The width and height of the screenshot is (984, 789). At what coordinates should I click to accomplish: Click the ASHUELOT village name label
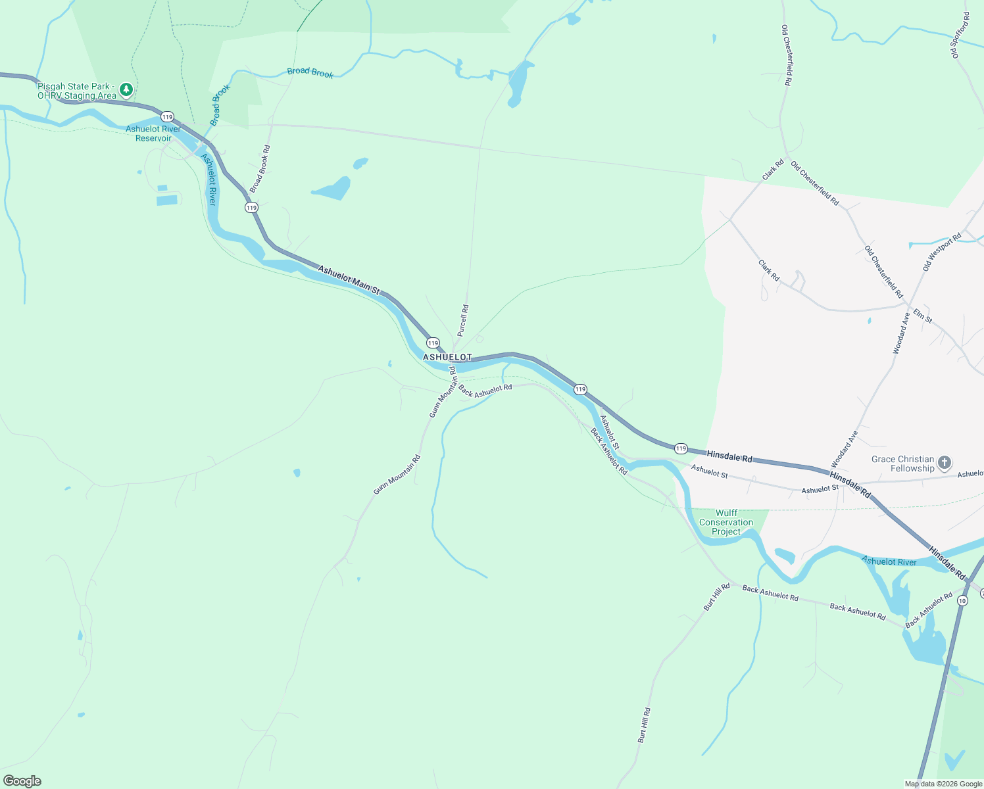(447, 357)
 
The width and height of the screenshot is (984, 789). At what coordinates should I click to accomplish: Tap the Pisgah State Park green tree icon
(126, 89)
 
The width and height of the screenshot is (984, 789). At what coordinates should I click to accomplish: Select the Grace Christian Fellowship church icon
(944, 462)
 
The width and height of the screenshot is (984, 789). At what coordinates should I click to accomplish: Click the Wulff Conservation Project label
(726, 522)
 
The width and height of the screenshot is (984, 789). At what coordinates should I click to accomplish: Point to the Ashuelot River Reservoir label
(153, 133)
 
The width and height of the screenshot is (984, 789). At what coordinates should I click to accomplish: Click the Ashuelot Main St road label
(349, 279)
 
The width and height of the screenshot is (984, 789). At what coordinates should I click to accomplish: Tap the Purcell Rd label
(463, 320)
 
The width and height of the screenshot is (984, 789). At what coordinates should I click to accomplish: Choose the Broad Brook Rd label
(260, 169)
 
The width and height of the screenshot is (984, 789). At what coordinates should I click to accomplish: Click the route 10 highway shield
(962, 600)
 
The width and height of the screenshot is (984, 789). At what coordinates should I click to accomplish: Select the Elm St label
(923, 316)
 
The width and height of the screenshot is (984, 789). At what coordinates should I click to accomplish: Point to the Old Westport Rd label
(942, 252)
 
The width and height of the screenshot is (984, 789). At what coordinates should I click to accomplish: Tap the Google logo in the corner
(22, 781)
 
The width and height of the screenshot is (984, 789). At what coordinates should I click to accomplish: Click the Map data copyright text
(943, 784)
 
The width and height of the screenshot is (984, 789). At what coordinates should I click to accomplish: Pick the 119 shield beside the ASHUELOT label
(433, 343)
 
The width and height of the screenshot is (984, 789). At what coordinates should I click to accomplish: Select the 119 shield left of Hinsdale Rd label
(681, 448)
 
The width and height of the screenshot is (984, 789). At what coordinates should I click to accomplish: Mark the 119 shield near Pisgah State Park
(168, 116)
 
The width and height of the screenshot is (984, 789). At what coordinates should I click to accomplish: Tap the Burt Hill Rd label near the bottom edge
(644, 725)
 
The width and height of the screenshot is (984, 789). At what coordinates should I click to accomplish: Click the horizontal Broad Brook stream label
(310, 72)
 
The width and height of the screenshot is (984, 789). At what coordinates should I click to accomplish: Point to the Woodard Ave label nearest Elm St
(901, 333)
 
